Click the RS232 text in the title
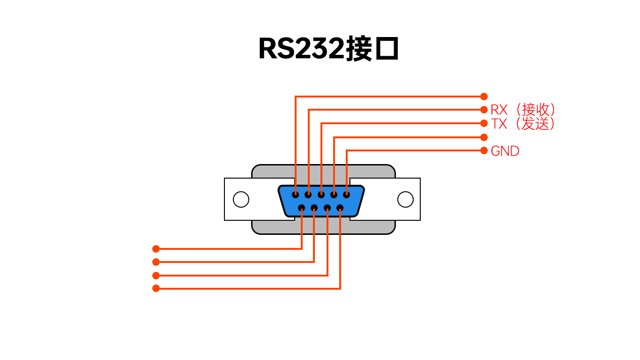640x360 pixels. click(301, 49)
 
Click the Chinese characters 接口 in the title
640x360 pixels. click(372, 49)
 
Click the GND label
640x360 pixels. click(505, 151)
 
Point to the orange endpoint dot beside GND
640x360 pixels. click(484, 150)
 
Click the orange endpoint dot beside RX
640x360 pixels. click(484, 110)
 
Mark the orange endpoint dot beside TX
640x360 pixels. click(484, 123)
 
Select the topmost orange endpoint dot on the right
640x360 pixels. click(484, 97)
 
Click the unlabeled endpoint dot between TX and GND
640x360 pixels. click(484, 137)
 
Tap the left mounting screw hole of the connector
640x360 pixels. click(241, 199)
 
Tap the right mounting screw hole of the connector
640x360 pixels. click(405, 199)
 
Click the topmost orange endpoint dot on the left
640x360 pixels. click(156, 249)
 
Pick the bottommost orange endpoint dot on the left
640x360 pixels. click(156, 288)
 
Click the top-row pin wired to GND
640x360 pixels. click(346, 195)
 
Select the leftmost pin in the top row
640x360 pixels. click(295, 195)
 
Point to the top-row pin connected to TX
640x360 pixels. click(321, 195)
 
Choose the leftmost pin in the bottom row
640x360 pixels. click(302, 208)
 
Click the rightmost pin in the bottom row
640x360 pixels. click(340, 208)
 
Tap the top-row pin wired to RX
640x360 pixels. click(308, 195)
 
